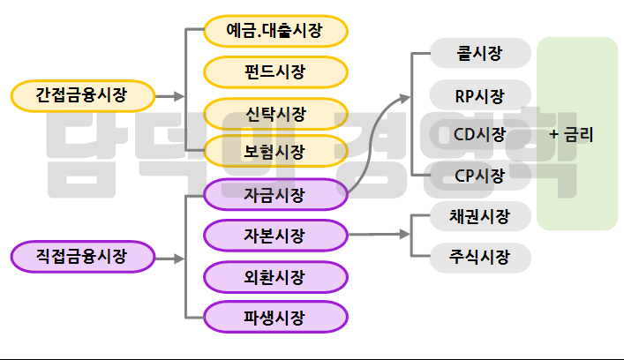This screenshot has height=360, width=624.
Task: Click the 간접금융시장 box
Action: click(x=82, y=94)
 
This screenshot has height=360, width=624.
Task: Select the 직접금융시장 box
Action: click(x=82, y=258)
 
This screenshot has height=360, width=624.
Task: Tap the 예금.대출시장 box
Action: click(x=274, y=33)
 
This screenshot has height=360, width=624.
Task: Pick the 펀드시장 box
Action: click(x=274, y=72)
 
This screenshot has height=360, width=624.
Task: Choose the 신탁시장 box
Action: click(x=274, y=113)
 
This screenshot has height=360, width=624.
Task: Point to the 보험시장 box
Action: click(x=274, y=151)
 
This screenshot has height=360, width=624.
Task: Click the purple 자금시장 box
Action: click(x=274, y=194)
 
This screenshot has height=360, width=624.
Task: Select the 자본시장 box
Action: click(x=274, y=236)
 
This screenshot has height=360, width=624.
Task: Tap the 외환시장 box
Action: click(x=274, y=277)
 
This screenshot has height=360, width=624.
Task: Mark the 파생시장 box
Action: click(x=274, y=317)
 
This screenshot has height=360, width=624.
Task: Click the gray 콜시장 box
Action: click(x=480, y=54)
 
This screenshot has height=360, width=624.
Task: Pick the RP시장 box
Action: click(x=480, y=94)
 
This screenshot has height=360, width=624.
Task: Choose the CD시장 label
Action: click(x=480, y=134)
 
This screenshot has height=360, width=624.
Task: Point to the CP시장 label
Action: click(x=480, y=175)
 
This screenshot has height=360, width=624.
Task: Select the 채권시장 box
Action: click(x=480, y=215)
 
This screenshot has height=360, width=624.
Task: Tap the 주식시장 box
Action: click(x=480, y=257)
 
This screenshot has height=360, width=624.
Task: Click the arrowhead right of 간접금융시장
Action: click(x=179, y=95)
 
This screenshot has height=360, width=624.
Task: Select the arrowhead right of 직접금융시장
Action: click(x=179, y=259)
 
